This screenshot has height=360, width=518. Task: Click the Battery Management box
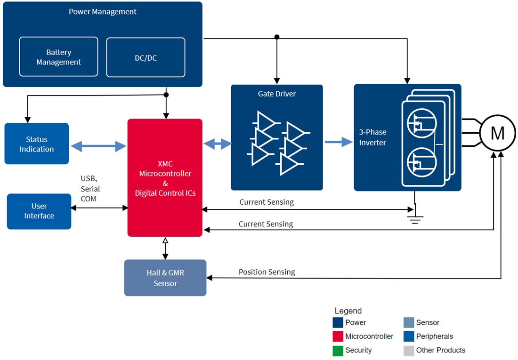click(x=58, y=57)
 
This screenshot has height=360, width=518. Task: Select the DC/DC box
click(x=146, y=57)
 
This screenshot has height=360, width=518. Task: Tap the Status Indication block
click(x=37, y=144)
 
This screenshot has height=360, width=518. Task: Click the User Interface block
click(x=39, y=211)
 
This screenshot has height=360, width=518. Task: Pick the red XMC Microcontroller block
click(x=165, y=178)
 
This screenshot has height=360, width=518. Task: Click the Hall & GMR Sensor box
click(x=165, y=278)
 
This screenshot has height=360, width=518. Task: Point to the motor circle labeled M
click(x=497, y=134)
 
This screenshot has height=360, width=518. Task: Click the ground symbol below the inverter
click(x=414, y=218)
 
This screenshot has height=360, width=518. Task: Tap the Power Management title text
click(x=103, y=12)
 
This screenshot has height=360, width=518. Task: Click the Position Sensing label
click(x=267, y=272)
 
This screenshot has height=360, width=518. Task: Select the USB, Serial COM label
click(x=90, y=189)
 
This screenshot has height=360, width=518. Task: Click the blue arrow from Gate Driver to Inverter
click(x=339, y=142)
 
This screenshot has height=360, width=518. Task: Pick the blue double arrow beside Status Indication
click(x=98, y=147)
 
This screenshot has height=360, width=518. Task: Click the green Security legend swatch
click(x=338, y=351)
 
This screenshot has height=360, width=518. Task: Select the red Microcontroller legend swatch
click(x=338, y=336)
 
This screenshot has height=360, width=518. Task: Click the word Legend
click(x=348, y=311)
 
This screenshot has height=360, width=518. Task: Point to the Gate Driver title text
click(x=277, y=94)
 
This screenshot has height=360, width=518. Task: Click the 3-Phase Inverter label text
click(x=372, y=137)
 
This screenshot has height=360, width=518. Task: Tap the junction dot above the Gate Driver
click(x=277, y=37)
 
